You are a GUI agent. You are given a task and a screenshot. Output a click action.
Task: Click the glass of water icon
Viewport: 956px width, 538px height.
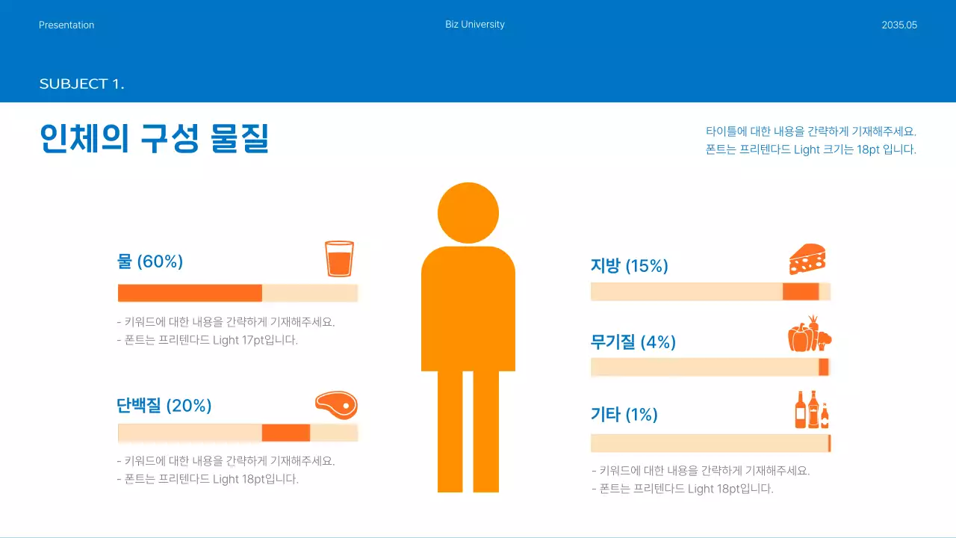tap(339, 259)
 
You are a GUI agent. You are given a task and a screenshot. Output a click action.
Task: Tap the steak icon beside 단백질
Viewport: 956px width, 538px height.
tap(336, 405)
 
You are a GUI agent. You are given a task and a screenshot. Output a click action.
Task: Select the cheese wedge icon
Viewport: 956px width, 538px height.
tap(807, 259)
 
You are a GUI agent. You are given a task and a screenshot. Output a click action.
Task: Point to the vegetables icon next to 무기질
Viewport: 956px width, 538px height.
tap(809, 334)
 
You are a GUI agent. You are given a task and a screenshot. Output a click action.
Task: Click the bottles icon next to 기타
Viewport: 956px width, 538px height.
tap(812, 409)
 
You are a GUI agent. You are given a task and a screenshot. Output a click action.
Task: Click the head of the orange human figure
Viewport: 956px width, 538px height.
tap(468, 213)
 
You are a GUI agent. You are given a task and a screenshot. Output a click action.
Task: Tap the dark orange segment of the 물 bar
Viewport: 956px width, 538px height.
tap(190, 293)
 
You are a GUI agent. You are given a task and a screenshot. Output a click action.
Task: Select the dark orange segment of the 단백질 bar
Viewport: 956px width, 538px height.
tap(285, 433)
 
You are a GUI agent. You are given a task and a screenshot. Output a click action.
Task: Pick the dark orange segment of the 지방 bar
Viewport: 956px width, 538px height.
tap(801, 291)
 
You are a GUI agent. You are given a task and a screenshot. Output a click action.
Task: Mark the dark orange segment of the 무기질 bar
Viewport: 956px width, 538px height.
tap(823, 367)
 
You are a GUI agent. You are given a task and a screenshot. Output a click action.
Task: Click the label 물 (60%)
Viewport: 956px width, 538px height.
tap(150, 262)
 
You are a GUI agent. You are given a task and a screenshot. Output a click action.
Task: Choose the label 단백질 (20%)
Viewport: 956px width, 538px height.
tap(164, 406)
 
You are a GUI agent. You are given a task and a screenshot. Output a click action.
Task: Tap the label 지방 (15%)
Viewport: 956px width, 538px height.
tap(629, 266)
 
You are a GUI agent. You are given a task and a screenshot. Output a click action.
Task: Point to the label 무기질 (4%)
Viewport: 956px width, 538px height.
tap(633, 342)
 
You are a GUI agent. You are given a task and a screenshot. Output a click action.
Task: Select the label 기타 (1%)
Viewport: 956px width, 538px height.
tap(624, 415)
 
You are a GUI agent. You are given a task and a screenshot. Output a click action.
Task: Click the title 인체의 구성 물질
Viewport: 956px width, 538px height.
tap(154, 139)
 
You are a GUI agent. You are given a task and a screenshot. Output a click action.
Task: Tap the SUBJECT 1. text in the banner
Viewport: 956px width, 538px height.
tap(81, 84)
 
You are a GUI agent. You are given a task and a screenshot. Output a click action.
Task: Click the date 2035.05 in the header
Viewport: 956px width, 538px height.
tap(899, 25)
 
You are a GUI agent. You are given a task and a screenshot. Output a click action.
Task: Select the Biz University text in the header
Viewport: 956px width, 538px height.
tap(475, 25)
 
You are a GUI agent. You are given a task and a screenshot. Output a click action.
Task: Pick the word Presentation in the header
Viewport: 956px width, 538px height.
tap(66, 25)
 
